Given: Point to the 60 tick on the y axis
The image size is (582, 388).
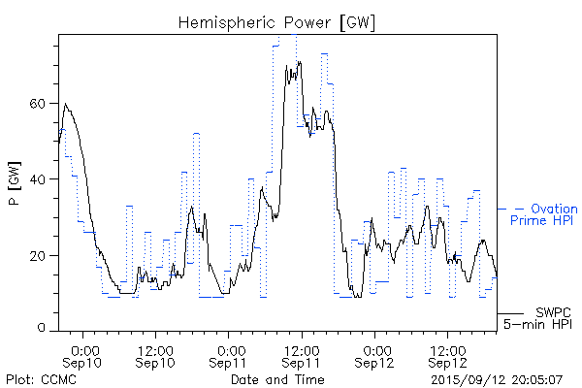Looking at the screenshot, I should click(42, 103).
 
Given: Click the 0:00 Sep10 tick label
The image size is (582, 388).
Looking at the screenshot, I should click(84, 355).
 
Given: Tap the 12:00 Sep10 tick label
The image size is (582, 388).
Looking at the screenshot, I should click(156, 355).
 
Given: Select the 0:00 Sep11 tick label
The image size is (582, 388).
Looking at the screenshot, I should click(230, 355).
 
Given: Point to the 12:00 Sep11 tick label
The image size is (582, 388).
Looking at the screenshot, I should click(302, 355).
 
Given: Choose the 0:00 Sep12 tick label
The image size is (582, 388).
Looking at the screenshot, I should click(374, 355).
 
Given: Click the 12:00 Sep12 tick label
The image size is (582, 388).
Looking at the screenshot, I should click(446, 355).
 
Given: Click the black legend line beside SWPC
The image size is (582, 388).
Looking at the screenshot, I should click(510, 313).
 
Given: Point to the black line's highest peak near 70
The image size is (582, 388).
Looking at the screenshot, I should click(299, 62).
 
